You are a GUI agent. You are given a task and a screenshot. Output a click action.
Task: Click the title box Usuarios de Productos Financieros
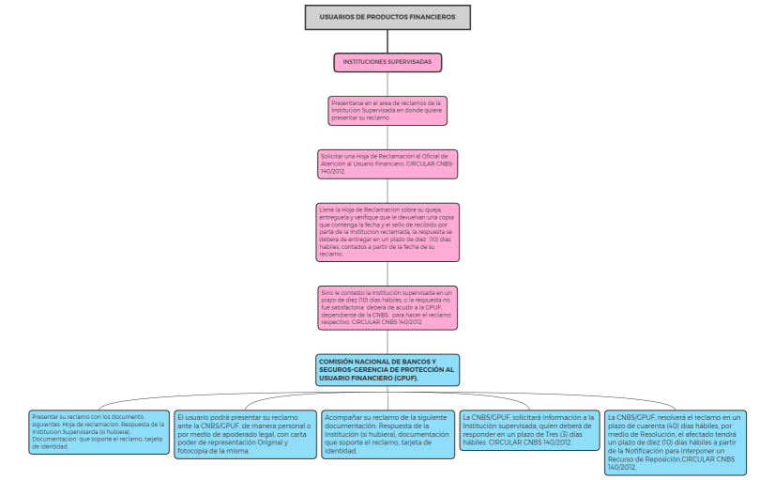(x=387, y=17)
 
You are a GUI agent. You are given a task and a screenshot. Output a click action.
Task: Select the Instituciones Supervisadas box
(x=387, y=62)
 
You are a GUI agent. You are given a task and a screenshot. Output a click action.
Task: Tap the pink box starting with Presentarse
(x=387, y=110)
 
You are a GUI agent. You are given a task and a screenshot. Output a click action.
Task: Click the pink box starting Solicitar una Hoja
(x=387, y=163)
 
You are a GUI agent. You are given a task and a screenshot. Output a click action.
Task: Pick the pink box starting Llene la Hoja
(x=387, y=231)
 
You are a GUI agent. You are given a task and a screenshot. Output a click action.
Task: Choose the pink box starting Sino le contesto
(x=387, y=307)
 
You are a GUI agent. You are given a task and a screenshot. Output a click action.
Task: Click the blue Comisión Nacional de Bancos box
(x=387, y=370)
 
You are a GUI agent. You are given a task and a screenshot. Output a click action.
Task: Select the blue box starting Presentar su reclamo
(x=98, y=431)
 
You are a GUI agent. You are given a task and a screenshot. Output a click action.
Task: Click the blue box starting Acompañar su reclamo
(x=387, y=434)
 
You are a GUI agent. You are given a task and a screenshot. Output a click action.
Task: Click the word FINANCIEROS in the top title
(x=433, y=17)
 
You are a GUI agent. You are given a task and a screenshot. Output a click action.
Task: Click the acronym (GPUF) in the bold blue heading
(x=405, y=378)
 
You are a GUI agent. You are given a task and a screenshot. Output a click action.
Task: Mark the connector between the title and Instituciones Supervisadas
(x=387, y=41)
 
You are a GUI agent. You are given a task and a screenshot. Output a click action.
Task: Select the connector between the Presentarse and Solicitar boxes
(x=387, y=137)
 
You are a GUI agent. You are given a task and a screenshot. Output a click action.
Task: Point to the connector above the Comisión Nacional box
(x=387, y=342)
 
